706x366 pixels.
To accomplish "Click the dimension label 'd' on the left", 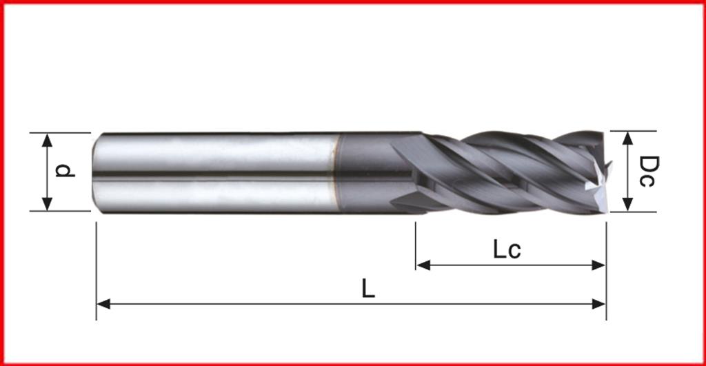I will [x=64, y=170].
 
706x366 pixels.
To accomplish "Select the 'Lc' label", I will [x=506, y=250].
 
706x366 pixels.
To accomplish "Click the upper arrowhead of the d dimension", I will [x=47, y=139].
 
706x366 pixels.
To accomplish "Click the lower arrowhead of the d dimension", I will [x=47, y=204].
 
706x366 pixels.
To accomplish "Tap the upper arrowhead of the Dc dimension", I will [x=627, y=137].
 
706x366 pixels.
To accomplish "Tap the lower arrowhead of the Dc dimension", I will [x=627, y=205].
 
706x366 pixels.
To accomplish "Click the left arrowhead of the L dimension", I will [x=103, y=303].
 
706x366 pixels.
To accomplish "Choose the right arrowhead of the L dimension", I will [x=600, y=303].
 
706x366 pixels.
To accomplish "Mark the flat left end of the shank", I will [x=95, y=172].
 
